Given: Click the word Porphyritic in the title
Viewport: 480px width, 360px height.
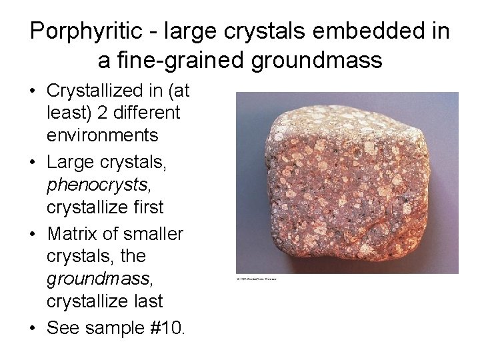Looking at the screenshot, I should click(85, 31).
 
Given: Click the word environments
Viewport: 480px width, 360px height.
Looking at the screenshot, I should click(102, 135).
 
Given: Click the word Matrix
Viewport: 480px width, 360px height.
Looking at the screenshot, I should click(71, 234).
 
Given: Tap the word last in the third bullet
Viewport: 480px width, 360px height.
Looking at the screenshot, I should click(147, 301).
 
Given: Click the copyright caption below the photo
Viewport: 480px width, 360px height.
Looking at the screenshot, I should click(257, 278).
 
